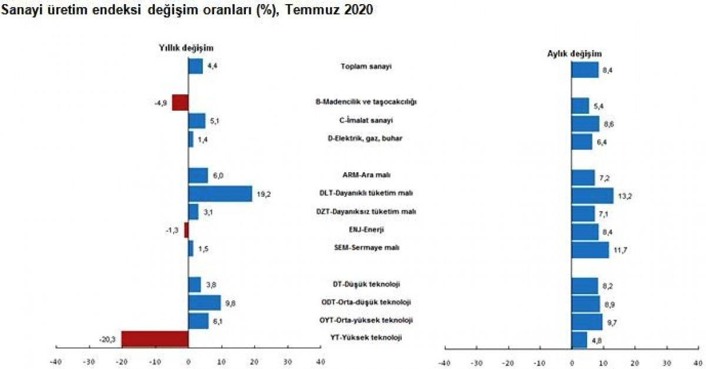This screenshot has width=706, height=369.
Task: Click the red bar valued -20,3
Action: coord(155,339)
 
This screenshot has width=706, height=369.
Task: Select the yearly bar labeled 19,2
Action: coord(220,194)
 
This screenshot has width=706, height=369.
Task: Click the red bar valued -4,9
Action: coord(180,103)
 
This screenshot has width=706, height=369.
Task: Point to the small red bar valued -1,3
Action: coord(186,230)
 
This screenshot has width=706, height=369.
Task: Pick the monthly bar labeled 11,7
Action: coord(590,250)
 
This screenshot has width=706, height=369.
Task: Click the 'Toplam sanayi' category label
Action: coord(366,66)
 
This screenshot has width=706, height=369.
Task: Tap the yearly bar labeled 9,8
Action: coord(204,303)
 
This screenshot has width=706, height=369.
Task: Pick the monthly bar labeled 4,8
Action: coord(579,340)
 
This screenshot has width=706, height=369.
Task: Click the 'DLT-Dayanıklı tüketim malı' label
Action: coord(366,193)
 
